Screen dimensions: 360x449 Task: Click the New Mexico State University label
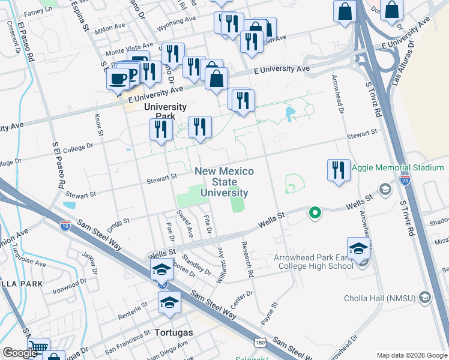click(x=224, y=182)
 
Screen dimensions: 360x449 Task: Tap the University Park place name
click(x=166, y=112)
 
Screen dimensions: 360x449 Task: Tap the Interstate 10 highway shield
click(x=65, y=226)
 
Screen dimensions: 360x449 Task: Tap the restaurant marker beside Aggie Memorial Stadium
click(x=339, y=169)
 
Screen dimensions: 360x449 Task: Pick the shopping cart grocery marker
click(x=38, y=347)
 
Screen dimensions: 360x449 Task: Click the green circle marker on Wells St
click(x=313, y=212)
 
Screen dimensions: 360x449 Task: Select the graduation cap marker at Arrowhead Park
click(x=358, y=248)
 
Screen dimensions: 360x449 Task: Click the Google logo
click(x=19, y=353)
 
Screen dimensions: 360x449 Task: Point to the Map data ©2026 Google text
click(x=412, y=355)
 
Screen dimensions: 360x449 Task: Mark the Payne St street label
click(x=268, y=314)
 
